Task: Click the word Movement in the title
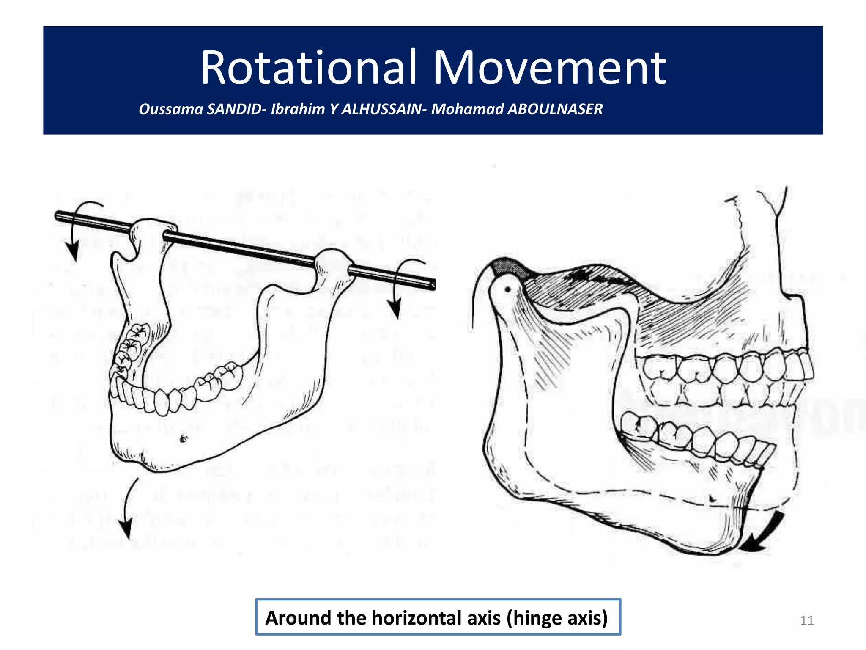[550, 68]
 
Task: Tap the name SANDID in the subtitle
[234, 109]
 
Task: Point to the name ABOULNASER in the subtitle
[555, 109]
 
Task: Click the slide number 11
[807, 620]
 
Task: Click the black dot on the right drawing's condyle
[508, 290]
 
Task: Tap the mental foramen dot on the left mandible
[183, 439]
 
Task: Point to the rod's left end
[58, 216]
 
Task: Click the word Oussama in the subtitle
[171, 109]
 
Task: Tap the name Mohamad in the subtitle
[467, 109]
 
